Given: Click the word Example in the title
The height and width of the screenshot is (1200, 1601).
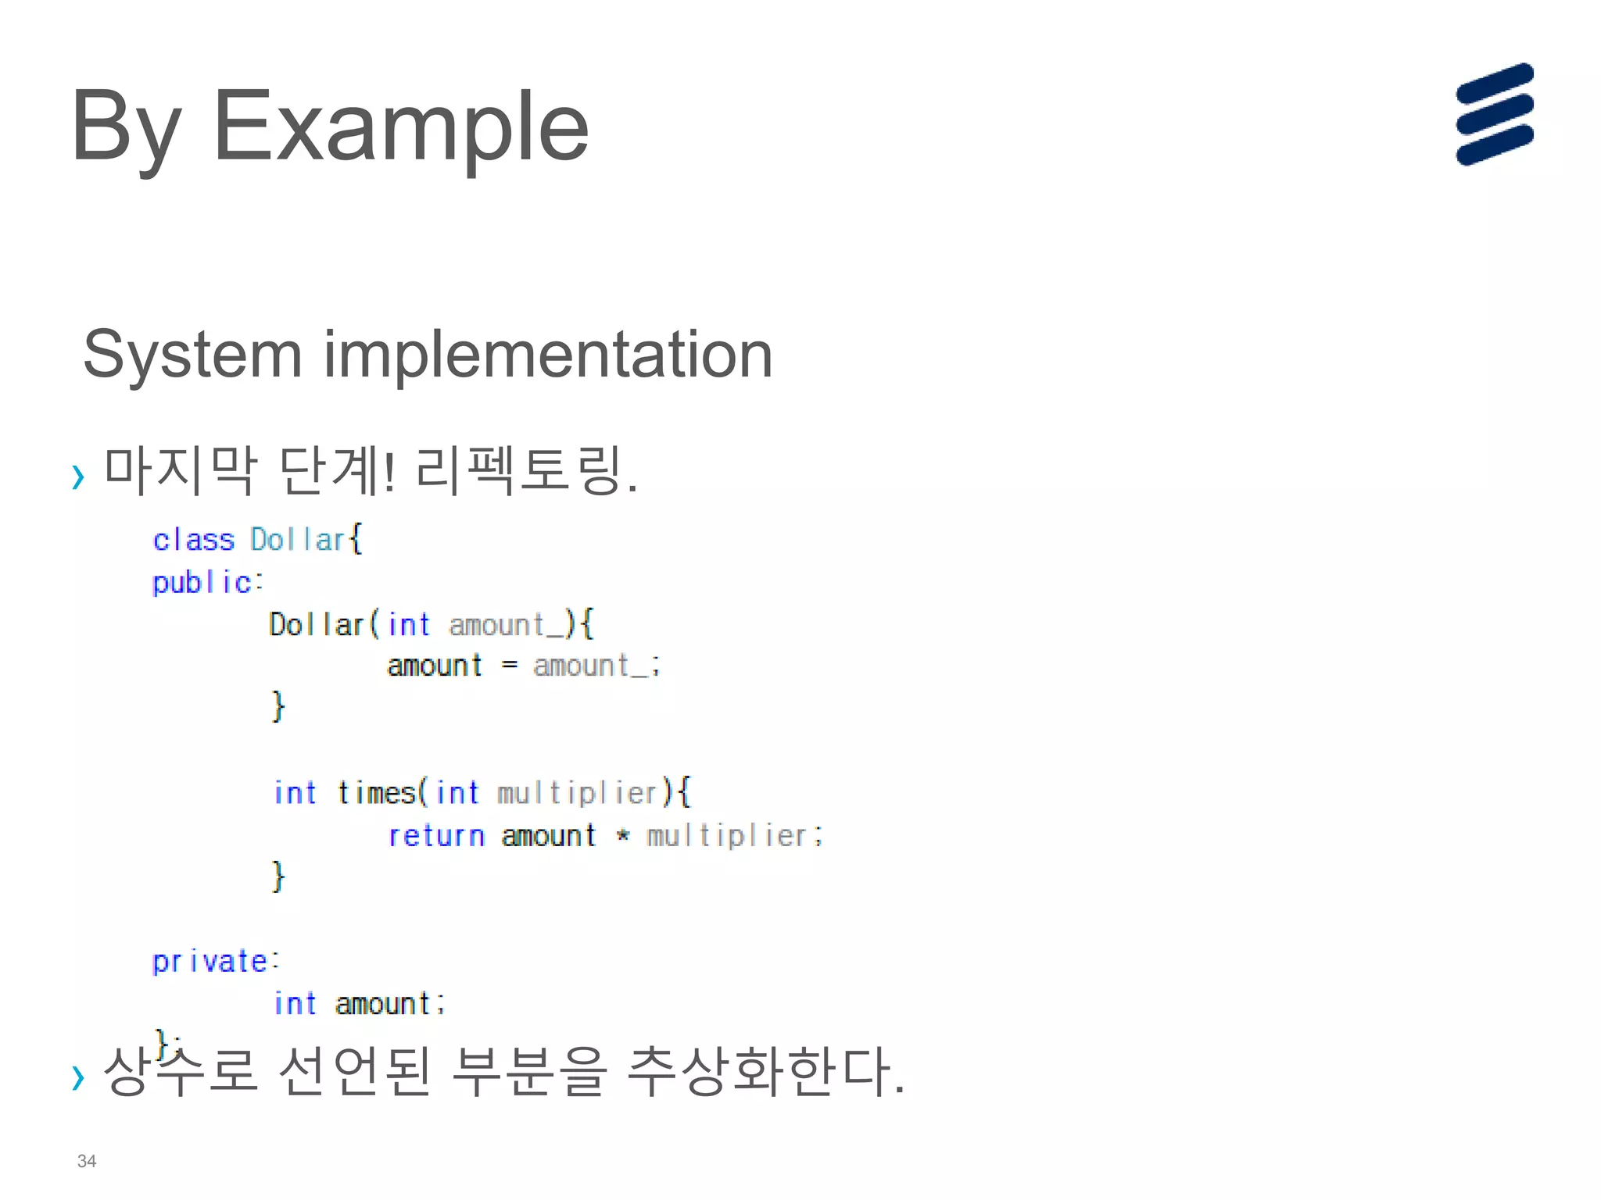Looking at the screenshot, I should click(x=400, y=127).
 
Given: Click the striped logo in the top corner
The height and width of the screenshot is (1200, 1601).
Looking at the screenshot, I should click(x=1494, y=114).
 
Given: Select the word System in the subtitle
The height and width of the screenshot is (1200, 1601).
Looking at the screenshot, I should click(x=192, y=355).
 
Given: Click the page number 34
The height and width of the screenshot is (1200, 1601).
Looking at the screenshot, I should click(x=87, y=1161).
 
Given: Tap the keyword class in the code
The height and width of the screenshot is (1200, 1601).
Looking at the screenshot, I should click(x=193, y=540).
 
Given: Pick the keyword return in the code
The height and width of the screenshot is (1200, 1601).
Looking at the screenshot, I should click(x=436, y=836).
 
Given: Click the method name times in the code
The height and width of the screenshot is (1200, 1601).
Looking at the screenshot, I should click(x=376, y=793).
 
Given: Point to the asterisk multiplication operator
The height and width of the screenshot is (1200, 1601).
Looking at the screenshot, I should click(x=622, y=835).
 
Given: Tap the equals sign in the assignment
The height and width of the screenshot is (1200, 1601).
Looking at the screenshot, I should click(x=509, y=666).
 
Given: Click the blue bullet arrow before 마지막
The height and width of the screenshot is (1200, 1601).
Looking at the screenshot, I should click(x=77, y=476).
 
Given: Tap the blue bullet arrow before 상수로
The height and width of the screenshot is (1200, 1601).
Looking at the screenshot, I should click(x=77, y=1077).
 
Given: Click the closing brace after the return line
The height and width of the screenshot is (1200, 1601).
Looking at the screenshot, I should click(x=278, y=876).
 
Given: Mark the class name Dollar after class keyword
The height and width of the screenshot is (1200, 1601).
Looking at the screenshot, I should click(x=297, y=540).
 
